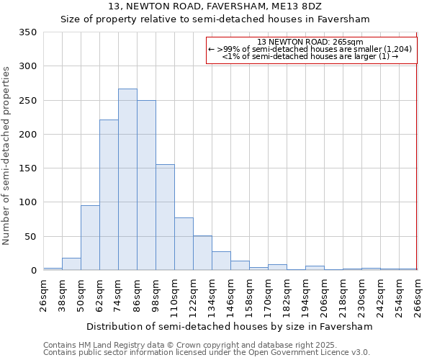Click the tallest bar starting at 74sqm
click(127, 179)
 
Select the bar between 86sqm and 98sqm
click(146, 185)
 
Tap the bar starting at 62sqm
click(109, 194)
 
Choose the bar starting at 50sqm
click(90, 238)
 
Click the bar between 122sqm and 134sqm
click(202, 253)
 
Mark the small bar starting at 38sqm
click(71, 264)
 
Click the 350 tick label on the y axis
click(27, 32)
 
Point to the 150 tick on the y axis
click(27, 168)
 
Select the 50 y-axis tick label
click(30, 236)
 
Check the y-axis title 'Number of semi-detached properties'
click(7, 155)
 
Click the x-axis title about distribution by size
click(230, 327)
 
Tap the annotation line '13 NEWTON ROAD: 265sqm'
click(310, 42)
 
